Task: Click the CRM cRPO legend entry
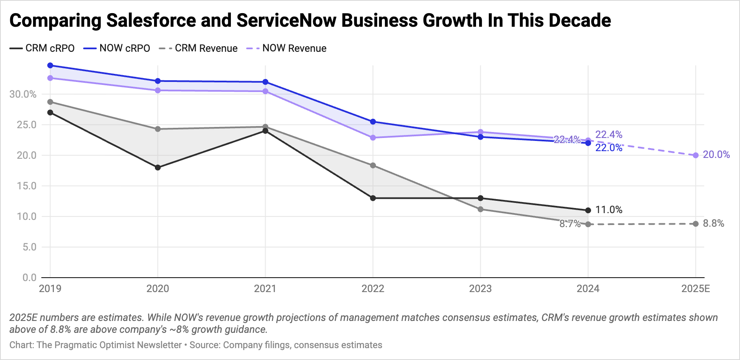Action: click(x=42, y=48)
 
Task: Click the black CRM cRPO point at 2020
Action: click(x=158, y=168)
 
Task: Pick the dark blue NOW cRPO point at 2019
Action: click(x=50, y=65)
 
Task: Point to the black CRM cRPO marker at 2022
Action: click(x=373, y=198)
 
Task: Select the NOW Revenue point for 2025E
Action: click(x=695, y=155)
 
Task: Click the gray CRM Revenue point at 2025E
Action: click(x=695, y=224)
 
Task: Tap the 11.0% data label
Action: click(x=608, y=210)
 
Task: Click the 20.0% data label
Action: click(x=716, y=155)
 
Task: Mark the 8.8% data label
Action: click(x=713, y=223)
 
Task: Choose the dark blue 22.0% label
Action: click(x=608, y=148)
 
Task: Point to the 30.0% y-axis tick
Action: click(x=23, y=94)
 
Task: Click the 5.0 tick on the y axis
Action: click(x=29, y=247)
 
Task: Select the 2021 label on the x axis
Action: click(x=265, y=289)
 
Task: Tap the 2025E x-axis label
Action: click(x=695, y=289)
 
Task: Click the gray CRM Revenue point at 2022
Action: click(x=373, y=166)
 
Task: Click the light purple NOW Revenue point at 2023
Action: click(x=480, y=132)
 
